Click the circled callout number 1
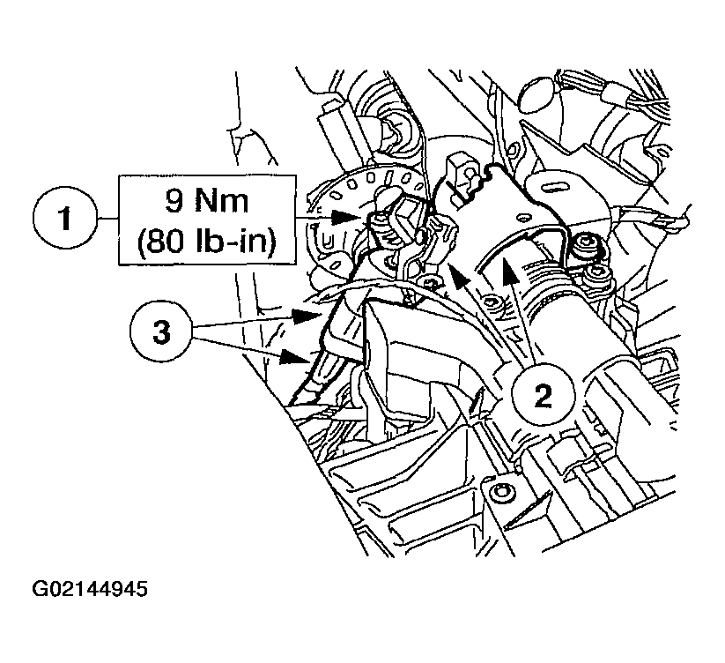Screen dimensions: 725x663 65,218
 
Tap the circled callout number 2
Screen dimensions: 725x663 543,395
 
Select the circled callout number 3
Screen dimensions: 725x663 161,331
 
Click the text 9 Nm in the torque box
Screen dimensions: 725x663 207,201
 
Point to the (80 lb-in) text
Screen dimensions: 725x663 207,241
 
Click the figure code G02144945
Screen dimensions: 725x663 90,589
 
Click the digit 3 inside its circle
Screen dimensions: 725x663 161,332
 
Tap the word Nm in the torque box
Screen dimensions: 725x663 221,201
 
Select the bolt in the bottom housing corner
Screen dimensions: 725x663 500,491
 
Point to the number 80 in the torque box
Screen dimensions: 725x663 161,241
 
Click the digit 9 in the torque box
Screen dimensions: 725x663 174,201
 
